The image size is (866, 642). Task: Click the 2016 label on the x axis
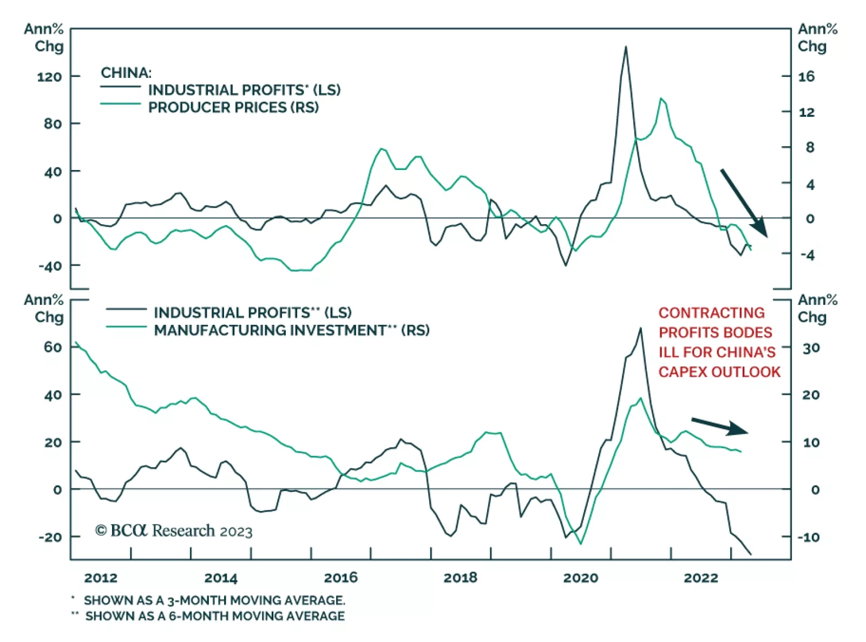pos(340,578)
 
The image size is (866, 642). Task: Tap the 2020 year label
pos(580,578)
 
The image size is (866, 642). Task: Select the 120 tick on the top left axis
pos(49,77)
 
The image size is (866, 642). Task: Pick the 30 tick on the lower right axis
pos(811,348)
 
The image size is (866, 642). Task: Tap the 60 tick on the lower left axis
pos(53,347)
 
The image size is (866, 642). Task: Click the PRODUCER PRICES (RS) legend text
pos(233,107)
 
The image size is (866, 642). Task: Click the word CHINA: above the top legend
pos(126,73)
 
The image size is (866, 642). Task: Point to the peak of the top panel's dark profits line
pos(626,47)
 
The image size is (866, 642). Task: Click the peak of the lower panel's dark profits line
pos(640,329)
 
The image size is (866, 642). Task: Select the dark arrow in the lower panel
pos(720,426)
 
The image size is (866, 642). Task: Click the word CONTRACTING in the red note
pos(711,313)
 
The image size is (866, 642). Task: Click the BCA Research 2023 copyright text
pos(174,530)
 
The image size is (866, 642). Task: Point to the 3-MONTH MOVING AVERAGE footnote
pos(214,600)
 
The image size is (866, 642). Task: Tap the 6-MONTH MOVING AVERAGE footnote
pos(214,616)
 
